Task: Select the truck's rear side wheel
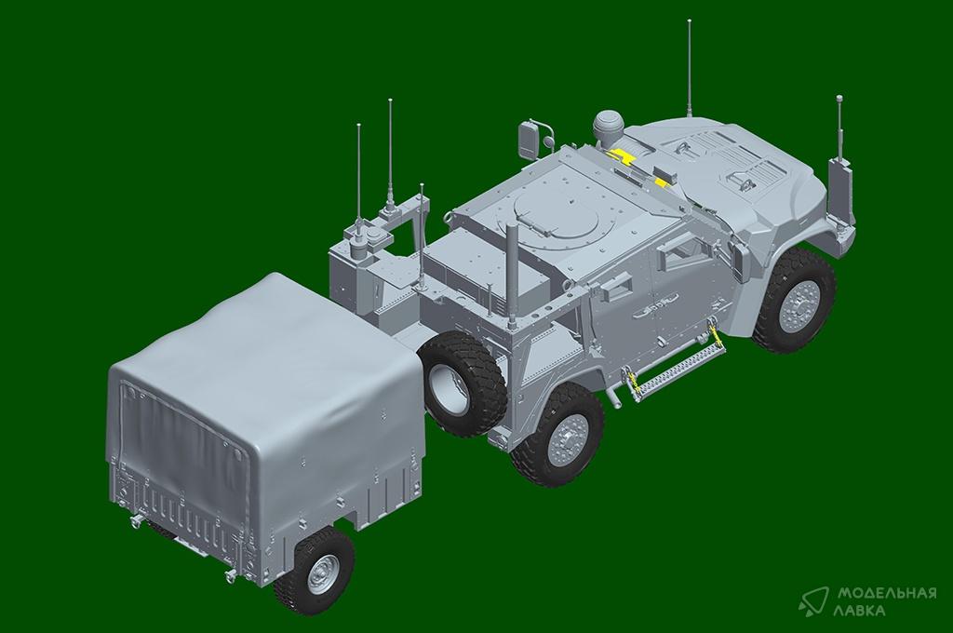click(556, 435)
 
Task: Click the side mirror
click(529, 140)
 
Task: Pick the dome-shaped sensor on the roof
click(606, 126)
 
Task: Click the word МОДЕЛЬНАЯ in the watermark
click(887, 593)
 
